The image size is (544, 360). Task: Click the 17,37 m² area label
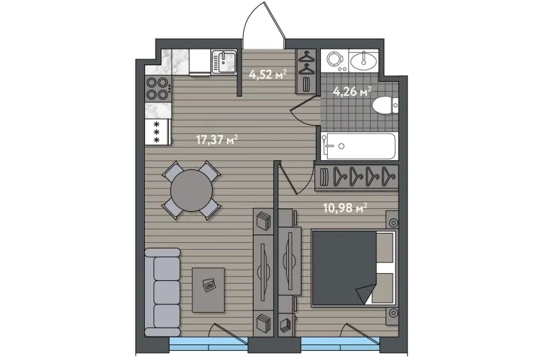coord(217,140)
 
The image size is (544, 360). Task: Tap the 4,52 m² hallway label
coord(268,74)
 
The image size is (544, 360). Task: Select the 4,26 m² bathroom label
coord(352,92)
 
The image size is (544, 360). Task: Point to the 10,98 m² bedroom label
coord(345,208)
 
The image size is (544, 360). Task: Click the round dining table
coord(191,190)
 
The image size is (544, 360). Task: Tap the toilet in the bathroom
coord(385,105)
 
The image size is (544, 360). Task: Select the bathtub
coord(358,146)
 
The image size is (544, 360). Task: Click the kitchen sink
coord(224,62)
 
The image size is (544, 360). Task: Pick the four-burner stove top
coord(158,89)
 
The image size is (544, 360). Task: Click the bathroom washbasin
coord(364,61)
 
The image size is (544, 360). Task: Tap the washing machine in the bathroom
coord(335,61)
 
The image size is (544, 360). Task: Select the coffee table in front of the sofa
coord(208,289)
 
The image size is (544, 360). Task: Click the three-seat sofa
coord(162,292)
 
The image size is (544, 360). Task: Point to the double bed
coord(353,268)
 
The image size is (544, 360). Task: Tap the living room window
coord(209,345)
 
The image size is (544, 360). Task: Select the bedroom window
coord(341,345)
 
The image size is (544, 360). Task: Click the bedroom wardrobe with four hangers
coord(357,178)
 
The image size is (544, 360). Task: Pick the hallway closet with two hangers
coord(306,71)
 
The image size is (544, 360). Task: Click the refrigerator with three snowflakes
coord(158,132)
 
